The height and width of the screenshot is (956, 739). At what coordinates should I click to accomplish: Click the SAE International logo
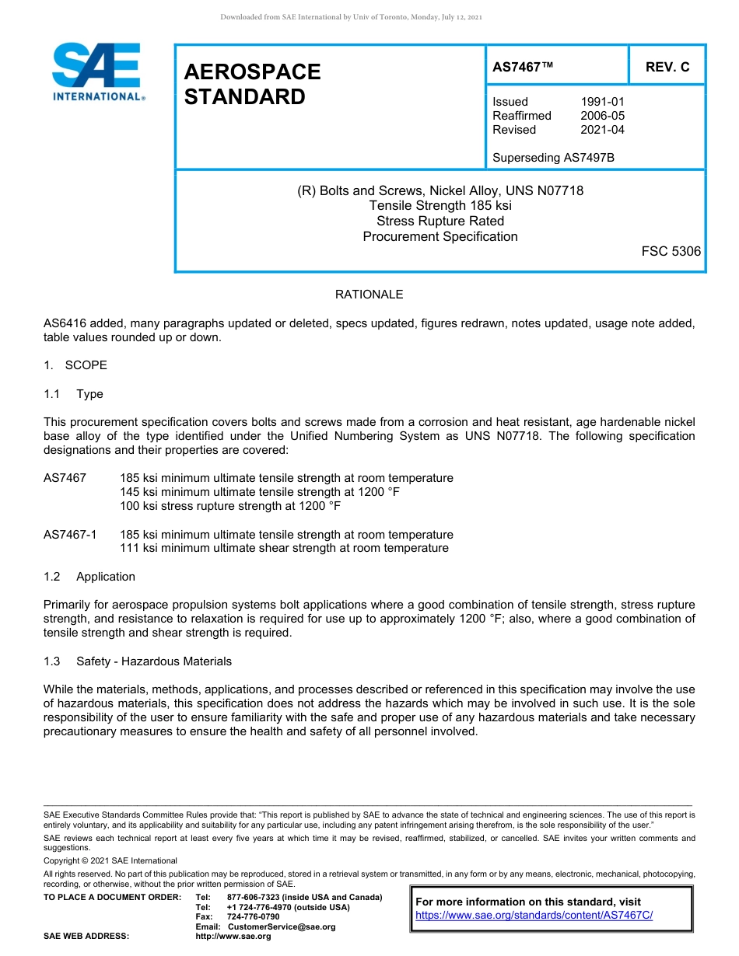pyautogui.click(x=97, y=72)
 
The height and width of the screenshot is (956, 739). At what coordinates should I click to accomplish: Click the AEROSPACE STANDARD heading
pyautogui.click(x=252, y=84)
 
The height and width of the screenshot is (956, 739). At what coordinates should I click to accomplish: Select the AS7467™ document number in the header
pyautogui.click(x=523, y=67)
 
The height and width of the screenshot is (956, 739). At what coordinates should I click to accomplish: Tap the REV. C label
pyautogui.click(x=667, y=67)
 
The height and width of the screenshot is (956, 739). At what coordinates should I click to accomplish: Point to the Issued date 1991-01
pyautogui.click(x=602, y=102)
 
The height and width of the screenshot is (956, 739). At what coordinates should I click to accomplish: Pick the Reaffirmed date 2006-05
pyautogui.click(x=602, y=116)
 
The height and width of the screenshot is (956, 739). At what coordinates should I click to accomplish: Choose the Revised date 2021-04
pyautogui.click(x=602, y=130)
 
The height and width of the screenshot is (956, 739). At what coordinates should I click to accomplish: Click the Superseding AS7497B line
pyautogui.click(x=553, y=158)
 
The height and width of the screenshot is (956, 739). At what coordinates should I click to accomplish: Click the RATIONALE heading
pyautogui.click(x=369, y=295)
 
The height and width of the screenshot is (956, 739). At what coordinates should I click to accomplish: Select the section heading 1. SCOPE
pyautogui.click(x=75, y=365)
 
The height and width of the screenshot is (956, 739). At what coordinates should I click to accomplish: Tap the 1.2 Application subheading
pyautogui.click(x=89, y=577)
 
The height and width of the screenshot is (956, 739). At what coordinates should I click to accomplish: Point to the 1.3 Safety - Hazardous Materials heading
pyautogui.click(x=138, y=661)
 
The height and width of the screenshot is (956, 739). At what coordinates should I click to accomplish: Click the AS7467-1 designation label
pyautogui.click(x=71, y=535)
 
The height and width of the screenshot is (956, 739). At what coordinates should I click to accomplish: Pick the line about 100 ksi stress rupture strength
pyautogui.click(x=230, y=506)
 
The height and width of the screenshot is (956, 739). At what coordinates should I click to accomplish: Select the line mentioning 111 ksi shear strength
pyautogui.click(x=284, y=548)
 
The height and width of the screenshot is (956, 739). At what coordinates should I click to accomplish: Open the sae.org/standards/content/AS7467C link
pyautogui.click(x=534, y=915)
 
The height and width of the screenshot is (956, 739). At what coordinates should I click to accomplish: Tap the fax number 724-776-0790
pyautogui.click(x=253, y=916)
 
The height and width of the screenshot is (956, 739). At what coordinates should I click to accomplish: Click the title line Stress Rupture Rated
pyautogui.click(x=440, y=222)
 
